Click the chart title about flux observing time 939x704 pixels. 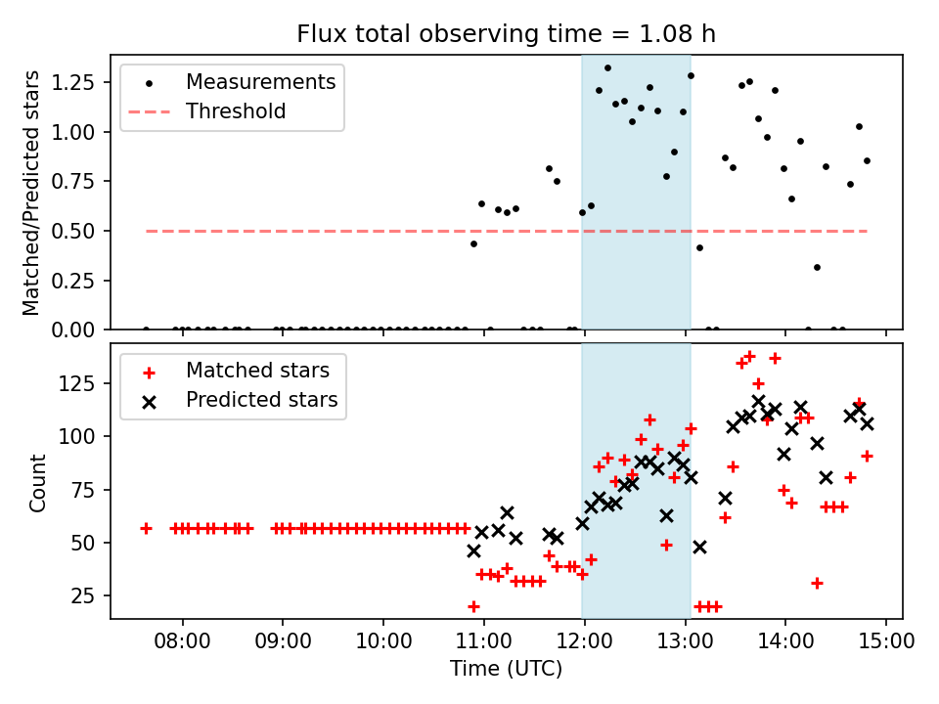coord(506,34)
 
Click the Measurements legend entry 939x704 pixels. coord(260,81)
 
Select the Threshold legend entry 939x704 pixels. coord(236,111)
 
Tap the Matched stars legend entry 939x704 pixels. coord(257,371)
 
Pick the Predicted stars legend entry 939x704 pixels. coord(261,400)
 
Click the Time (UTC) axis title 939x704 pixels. coord(506,669)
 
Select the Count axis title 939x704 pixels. coord(38,482)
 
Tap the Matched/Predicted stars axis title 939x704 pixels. coord(32,193)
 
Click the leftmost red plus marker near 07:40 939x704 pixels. coord(146,528)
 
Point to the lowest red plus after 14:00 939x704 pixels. coord(817,583)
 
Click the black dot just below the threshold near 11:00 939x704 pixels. coord(473,243)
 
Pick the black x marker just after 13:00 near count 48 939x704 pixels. coord(699,547)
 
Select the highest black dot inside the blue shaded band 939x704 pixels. coord(607,68)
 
